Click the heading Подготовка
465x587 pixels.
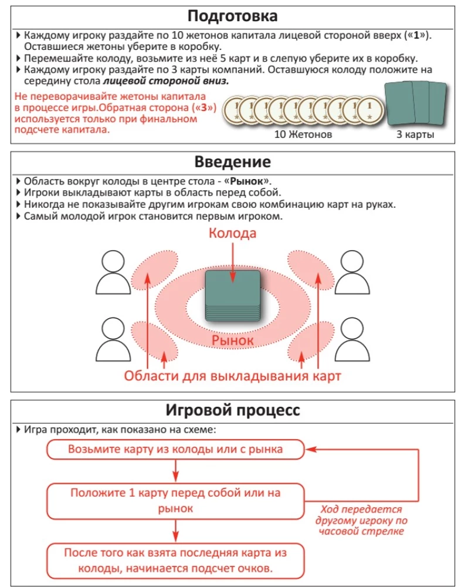point(232,15)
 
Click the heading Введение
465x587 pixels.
point(232,162)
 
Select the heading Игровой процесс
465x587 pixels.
point(232,410)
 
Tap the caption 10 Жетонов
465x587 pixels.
point(303,134)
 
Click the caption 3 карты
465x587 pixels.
point(415,134)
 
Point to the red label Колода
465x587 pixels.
point(233,233)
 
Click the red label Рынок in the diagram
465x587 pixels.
point(233,340)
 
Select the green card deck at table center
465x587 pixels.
point(233,296)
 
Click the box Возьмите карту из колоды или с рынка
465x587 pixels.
point(175,450)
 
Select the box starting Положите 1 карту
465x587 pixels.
point(175,501)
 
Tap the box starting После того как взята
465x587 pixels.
point(175,561)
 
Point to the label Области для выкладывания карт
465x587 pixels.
point(233,375)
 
